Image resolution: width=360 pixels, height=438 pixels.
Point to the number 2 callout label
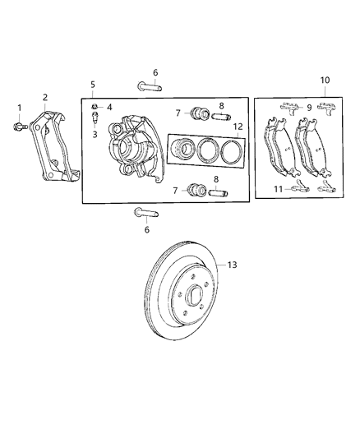(x=45, y=98)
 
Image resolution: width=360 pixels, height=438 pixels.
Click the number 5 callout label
(x=93, y=85)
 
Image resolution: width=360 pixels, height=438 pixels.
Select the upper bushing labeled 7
(x=199, y=113)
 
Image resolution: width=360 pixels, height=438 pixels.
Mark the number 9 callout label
(x=309, y=108)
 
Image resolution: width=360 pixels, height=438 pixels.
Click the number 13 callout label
(x=232, y=265)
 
